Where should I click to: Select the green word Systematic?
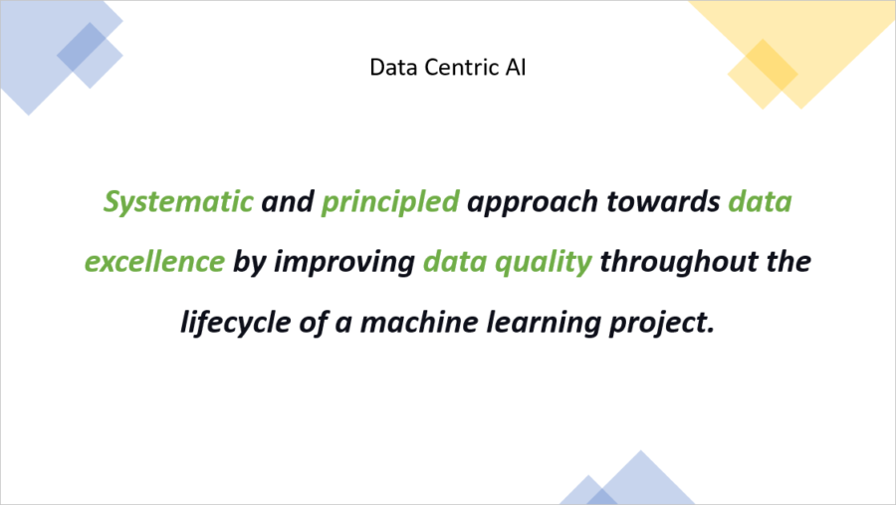(x=178, y=202)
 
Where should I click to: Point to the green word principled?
(x=390, y=202)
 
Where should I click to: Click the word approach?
(x=538, y=203)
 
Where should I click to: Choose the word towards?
(x=671, y=202)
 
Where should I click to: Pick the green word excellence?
(x=154, y=262)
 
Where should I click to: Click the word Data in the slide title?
(x=389, y=68)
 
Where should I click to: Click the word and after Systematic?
(x=287, y=202)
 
